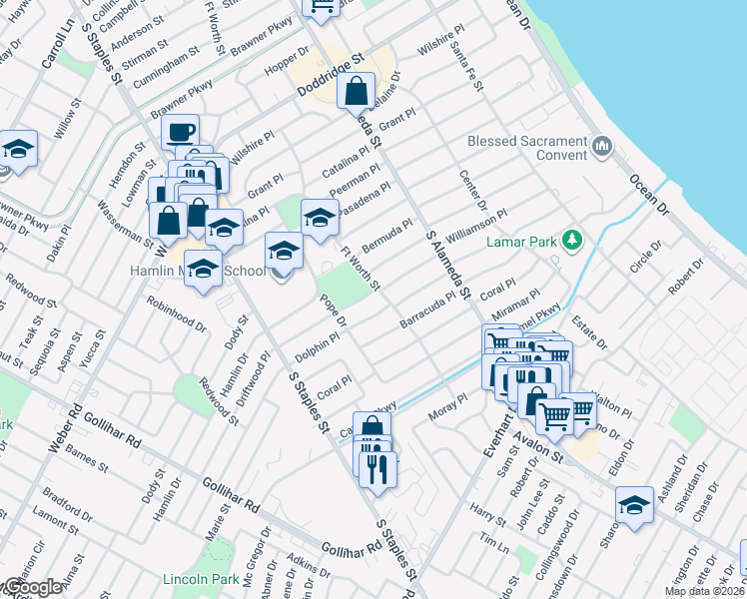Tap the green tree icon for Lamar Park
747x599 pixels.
(572, 240)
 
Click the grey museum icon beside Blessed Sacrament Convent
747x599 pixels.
(601, 148)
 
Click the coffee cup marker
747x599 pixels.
(180, 133)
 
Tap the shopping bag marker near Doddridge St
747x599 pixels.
(357, 93)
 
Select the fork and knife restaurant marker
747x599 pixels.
(377, 468)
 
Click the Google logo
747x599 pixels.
(33, 587)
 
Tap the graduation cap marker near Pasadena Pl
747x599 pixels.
(319, 217)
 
